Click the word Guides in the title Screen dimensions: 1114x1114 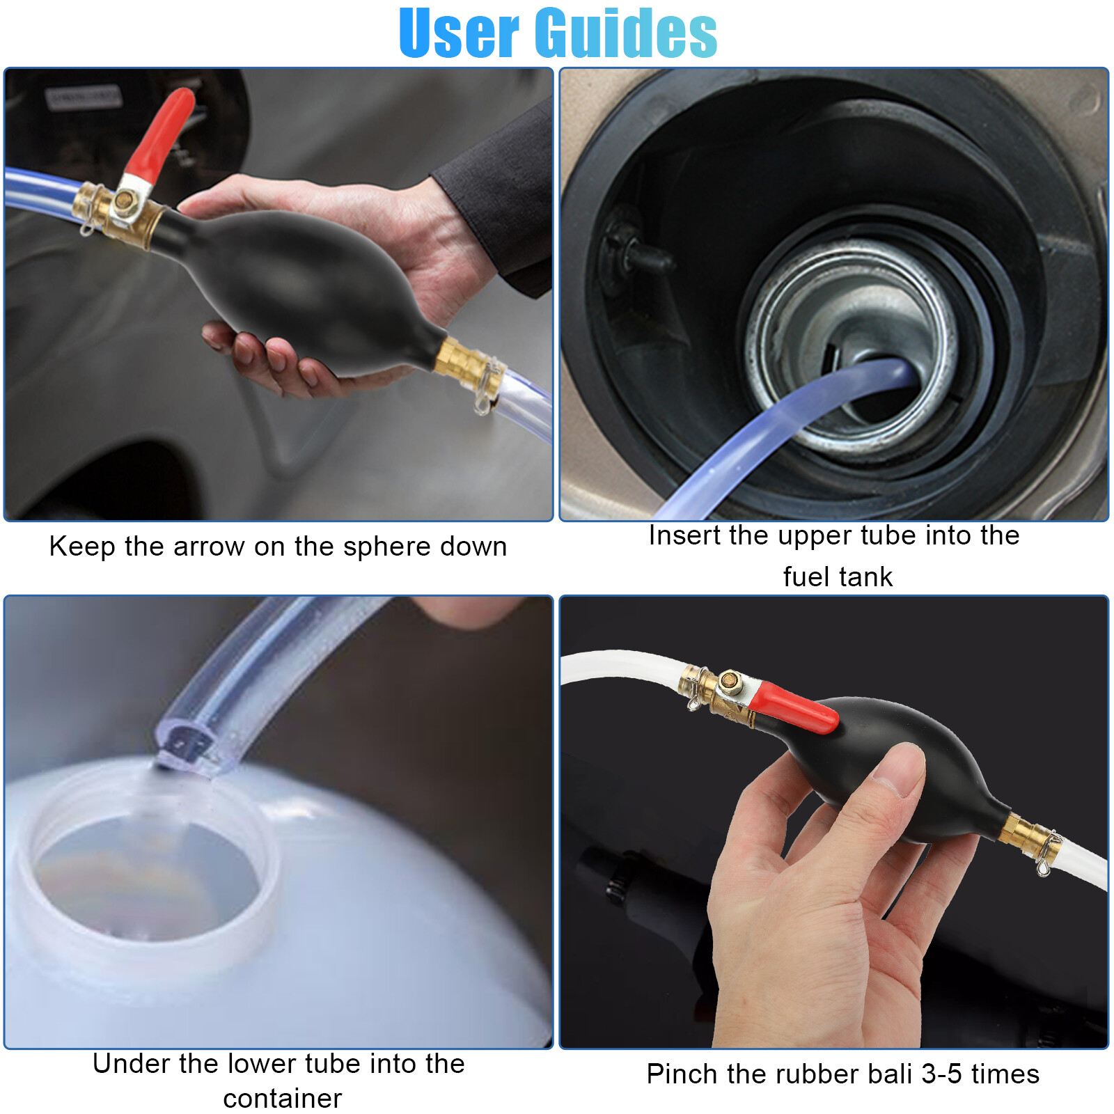(x=627, y=33)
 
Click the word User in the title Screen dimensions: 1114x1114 (x=460, y=33)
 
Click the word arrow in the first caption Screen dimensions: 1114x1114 (x=209, y=547)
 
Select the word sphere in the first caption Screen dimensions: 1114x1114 (x=382, y=547)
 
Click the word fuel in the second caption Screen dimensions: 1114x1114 (x=805, y=577)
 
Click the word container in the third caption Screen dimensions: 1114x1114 (x=282, y=1099)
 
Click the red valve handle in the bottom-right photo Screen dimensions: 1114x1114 (x=794, y=707)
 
